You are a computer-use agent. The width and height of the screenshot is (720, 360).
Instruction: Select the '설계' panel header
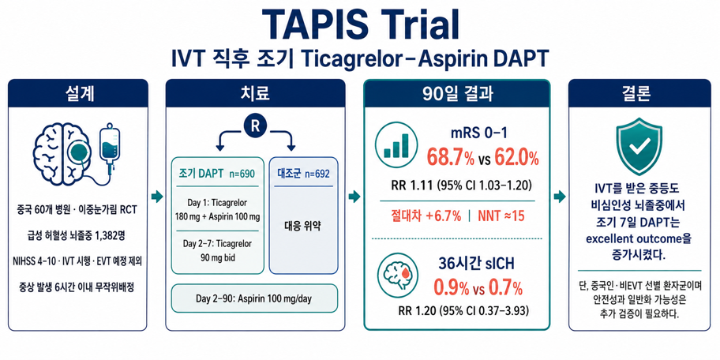click(77, 93)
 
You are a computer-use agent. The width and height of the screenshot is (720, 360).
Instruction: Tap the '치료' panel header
click(255, 93)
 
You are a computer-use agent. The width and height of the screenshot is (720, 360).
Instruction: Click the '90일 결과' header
click(457, 94)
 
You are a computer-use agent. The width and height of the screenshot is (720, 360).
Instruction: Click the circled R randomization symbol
click(255, 127)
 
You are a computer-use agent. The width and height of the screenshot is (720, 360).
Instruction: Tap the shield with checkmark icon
click(638, 148)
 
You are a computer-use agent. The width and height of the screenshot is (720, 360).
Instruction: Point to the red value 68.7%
click(451, 158)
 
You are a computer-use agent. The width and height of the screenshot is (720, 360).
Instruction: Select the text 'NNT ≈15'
click(501, 216)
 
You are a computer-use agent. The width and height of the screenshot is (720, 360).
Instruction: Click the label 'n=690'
click(240, 174)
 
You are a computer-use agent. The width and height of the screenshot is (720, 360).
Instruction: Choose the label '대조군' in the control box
click(288, 174)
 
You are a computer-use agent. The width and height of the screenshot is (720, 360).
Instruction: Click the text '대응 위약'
click(303, 226)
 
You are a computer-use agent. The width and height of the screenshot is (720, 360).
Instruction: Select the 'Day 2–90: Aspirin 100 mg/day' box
click(254, 299)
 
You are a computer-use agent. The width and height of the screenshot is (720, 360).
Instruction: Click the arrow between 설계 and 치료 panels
click(157, 197)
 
